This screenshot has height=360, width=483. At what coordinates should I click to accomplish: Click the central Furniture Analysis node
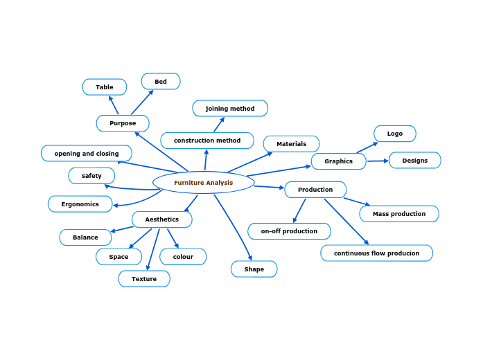(x=203, y=183)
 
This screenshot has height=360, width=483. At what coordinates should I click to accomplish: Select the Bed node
(x=161, y=82)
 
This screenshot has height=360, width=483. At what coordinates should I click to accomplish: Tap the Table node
(x=105, y=87)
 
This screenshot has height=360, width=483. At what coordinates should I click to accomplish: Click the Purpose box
(x=123, y=123)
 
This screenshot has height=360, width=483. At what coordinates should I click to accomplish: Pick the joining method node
(x=230, y=109)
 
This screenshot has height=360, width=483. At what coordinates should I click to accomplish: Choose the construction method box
(x=207, y=141)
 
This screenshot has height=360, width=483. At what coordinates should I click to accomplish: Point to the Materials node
(x=291, y=144)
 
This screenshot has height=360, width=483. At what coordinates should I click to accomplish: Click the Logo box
(x=395, y=134)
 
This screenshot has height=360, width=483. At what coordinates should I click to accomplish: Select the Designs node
(x=415, y=161)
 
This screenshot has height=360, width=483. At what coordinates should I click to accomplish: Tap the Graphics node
(x=338, y=161)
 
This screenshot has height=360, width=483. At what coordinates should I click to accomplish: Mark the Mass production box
(x=399, y=214)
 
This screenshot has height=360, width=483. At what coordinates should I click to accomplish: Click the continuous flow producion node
(x=376, y=253)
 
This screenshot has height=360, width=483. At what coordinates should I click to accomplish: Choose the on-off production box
(x=289, y=231)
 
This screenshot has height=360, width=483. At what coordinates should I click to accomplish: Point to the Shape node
(x=254, y=269)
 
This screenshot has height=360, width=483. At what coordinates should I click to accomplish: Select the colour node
(x=183, y=257)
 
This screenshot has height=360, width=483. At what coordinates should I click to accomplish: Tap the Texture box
(x=144, y=279)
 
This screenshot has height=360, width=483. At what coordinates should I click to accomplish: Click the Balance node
(x=85, y=237)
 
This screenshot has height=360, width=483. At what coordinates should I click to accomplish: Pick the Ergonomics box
(x=80, y=204)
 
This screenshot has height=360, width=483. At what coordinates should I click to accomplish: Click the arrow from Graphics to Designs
(x=378, y=161)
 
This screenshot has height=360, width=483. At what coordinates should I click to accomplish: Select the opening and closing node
(x=87, y=154)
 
